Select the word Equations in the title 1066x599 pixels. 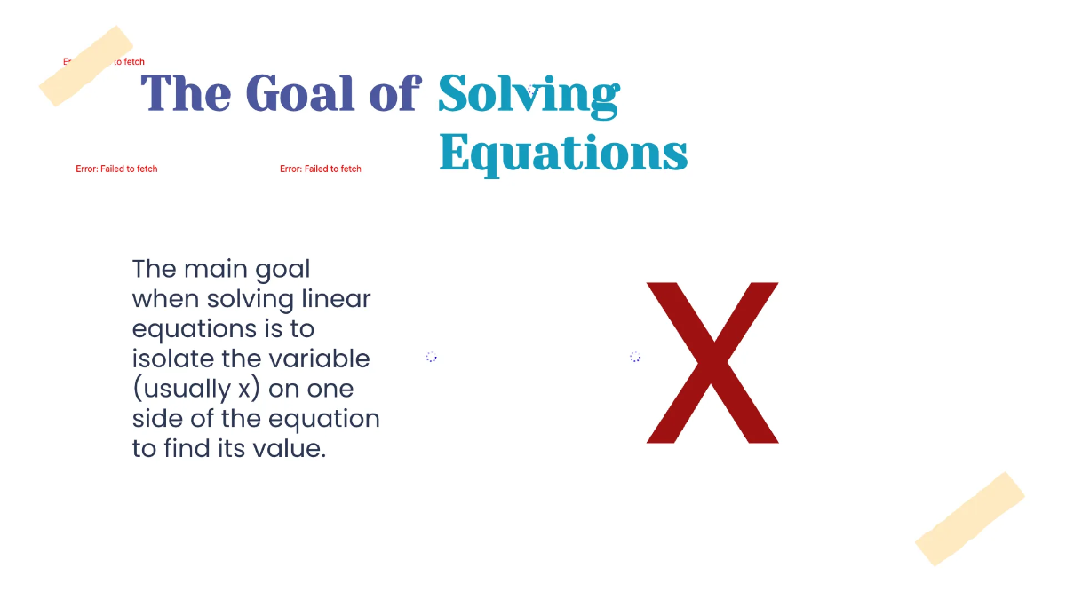563,154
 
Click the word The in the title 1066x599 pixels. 187,92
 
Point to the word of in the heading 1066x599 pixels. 394,92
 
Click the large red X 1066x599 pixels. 712,362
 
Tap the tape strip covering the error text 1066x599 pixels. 86,66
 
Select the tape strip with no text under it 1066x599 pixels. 969,518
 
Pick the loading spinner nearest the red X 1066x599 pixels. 635,357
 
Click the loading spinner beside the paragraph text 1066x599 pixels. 431,357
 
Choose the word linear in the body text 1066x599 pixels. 340,298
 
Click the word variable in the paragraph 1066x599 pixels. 320,359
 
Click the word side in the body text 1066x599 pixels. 158,419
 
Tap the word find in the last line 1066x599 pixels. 187,449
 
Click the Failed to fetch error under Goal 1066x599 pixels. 321,169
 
